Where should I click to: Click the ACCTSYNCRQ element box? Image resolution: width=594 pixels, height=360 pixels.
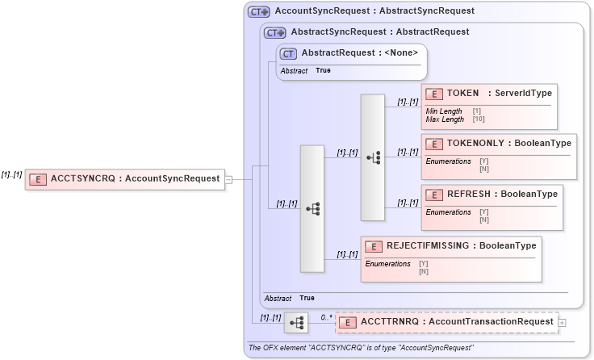[124, 179]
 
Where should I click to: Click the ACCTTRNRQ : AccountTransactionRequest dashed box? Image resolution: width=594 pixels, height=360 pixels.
[445, 322]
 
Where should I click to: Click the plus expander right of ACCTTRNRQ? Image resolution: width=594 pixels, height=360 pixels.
[562, 323]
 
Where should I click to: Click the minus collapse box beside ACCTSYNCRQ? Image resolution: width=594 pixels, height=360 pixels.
[228, 179]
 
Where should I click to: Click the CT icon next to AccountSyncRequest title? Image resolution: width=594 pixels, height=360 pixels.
[258, 11]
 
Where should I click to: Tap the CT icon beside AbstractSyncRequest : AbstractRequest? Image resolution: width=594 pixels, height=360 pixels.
[275, 32]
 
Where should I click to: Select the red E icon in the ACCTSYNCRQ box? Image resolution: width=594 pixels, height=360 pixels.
[38, 179]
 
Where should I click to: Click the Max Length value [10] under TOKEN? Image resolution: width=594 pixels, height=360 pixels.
[479, 119]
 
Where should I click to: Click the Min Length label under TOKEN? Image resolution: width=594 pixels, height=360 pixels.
[444, 111]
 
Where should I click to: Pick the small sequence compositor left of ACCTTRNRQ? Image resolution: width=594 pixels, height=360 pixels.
[295, 323]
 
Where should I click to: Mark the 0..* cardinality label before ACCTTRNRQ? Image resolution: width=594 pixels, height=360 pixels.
[327, 317]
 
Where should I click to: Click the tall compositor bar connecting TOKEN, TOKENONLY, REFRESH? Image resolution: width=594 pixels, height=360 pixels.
[372, 157]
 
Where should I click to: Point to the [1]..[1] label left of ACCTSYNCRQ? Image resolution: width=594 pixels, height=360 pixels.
[11, 174]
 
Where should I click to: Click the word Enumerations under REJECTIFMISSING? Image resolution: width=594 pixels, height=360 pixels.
[387, 264]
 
